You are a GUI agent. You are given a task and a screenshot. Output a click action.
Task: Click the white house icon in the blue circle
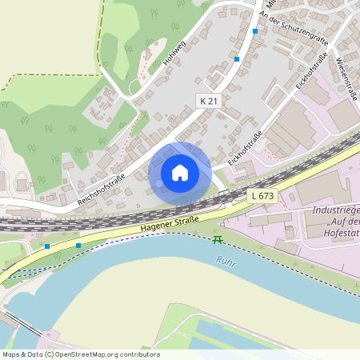pos(180,172)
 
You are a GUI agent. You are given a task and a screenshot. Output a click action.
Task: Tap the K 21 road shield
pos(207,99)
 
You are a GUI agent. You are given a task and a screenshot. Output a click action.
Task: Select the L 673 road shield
pos(262,195)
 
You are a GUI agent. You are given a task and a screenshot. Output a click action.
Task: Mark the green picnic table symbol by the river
pos(217,239)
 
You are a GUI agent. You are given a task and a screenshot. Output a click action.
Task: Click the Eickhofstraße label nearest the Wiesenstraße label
pos(312,71)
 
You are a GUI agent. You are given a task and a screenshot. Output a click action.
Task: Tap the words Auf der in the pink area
pos(336,222)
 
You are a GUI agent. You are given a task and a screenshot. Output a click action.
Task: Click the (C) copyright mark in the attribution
pos(50,354)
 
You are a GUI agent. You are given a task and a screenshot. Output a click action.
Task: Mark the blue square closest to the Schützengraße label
pos(255,31)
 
